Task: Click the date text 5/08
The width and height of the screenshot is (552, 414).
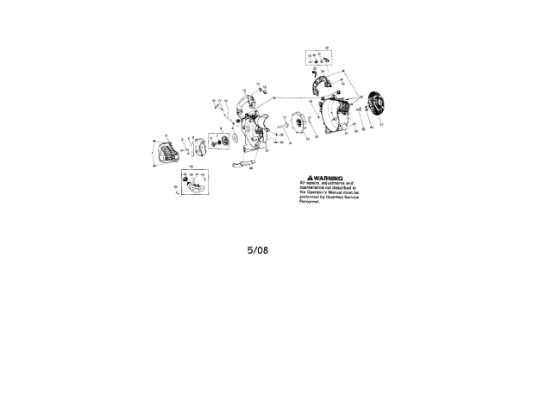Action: click(258, 251)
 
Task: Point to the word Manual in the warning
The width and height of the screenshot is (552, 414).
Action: click(335, 192)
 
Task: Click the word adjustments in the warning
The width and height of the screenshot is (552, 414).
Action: click(332, 182)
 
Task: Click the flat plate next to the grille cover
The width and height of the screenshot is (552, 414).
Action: click(194, 148)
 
